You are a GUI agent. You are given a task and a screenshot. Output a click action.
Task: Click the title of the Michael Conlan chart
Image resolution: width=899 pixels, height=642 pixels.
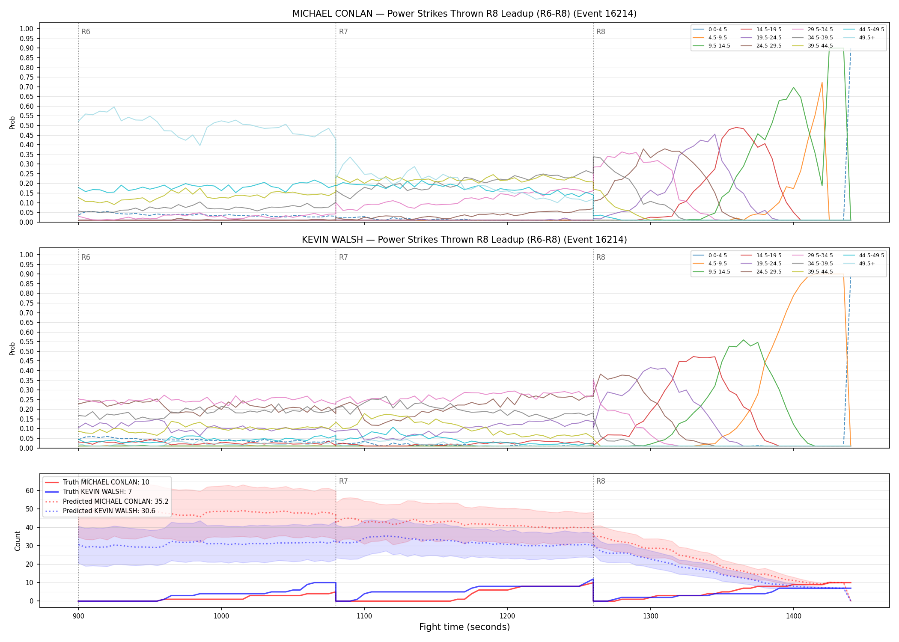coord(464,14)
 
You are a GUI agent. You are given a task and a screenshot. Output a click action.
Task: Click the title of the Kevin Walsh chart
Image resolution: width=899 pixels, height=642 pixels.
coord(464,240)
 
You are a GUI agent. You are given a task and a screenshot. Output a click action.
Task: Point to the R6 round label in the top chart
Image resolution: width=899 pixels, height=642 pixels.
coord(86,32)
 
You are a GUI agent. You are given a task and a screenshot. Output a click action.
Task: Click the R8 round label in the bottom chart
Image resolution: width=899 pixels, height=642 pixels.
coord(601,481)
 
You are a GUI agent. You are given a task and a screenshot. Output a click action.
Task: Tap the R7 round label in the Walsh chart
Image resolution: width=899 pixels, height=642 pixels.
coord(343,257)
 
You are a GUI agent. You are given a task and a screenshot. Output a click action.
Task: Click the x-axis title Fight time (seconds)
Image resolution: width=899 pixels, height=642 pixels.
coord(464,627)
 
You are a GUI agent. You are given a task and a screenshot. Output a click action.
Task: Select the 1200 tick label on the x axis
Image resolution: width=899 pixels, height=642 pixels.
coord(507,616)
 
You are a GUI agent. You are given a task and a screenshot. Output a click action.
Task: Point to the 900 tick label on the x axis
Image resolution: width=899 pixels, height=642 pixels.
coord(78,616)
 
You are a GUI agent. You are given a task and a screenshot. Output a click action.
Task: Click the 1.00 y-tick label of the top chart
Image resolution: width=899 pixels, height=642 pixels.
coord(27,29)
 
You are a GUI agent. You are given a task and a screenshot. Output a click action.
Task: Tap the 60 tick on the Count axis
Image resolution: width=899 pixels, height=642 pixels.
coord(30,491)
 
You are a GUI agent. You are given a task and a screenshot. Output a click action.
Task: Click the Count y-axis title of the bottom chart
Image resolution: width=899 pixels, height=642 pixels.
coord(18,541)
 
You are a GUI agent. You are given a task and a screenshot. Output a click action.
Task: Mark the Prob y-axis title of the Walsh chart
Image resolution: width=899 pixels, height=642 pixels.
coord(12,348)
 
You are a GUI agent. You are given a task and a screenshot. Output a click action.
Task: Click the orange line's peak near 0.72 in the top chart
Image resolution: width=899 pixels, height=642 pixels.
coord(822,83)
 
